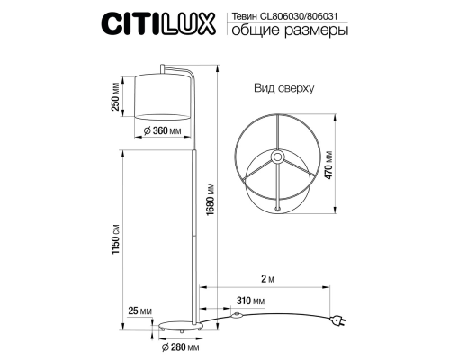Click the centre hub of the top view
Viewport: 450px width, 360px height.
279,156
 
